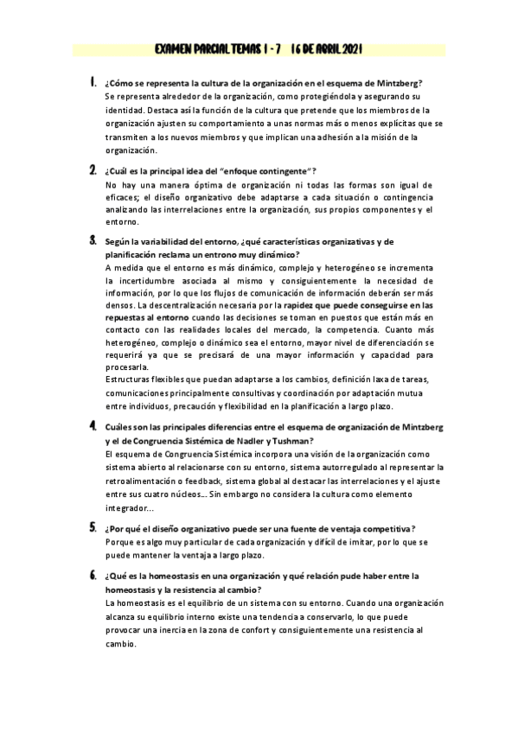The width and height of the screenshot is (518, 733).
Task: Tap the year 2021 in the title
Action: [346, 50]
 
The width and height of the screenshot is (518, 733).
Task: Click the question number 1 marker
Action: [93, 83]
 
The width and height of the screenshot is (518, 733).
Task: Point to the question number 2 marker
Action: [93, 170]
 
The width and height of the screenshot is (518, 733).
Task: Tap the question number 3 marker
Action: [93, 241]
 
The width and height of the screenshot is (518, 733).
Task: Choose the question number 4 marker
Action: [93, 426]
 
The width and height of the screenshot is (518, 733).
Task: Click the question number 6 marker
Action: [93, 573]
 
